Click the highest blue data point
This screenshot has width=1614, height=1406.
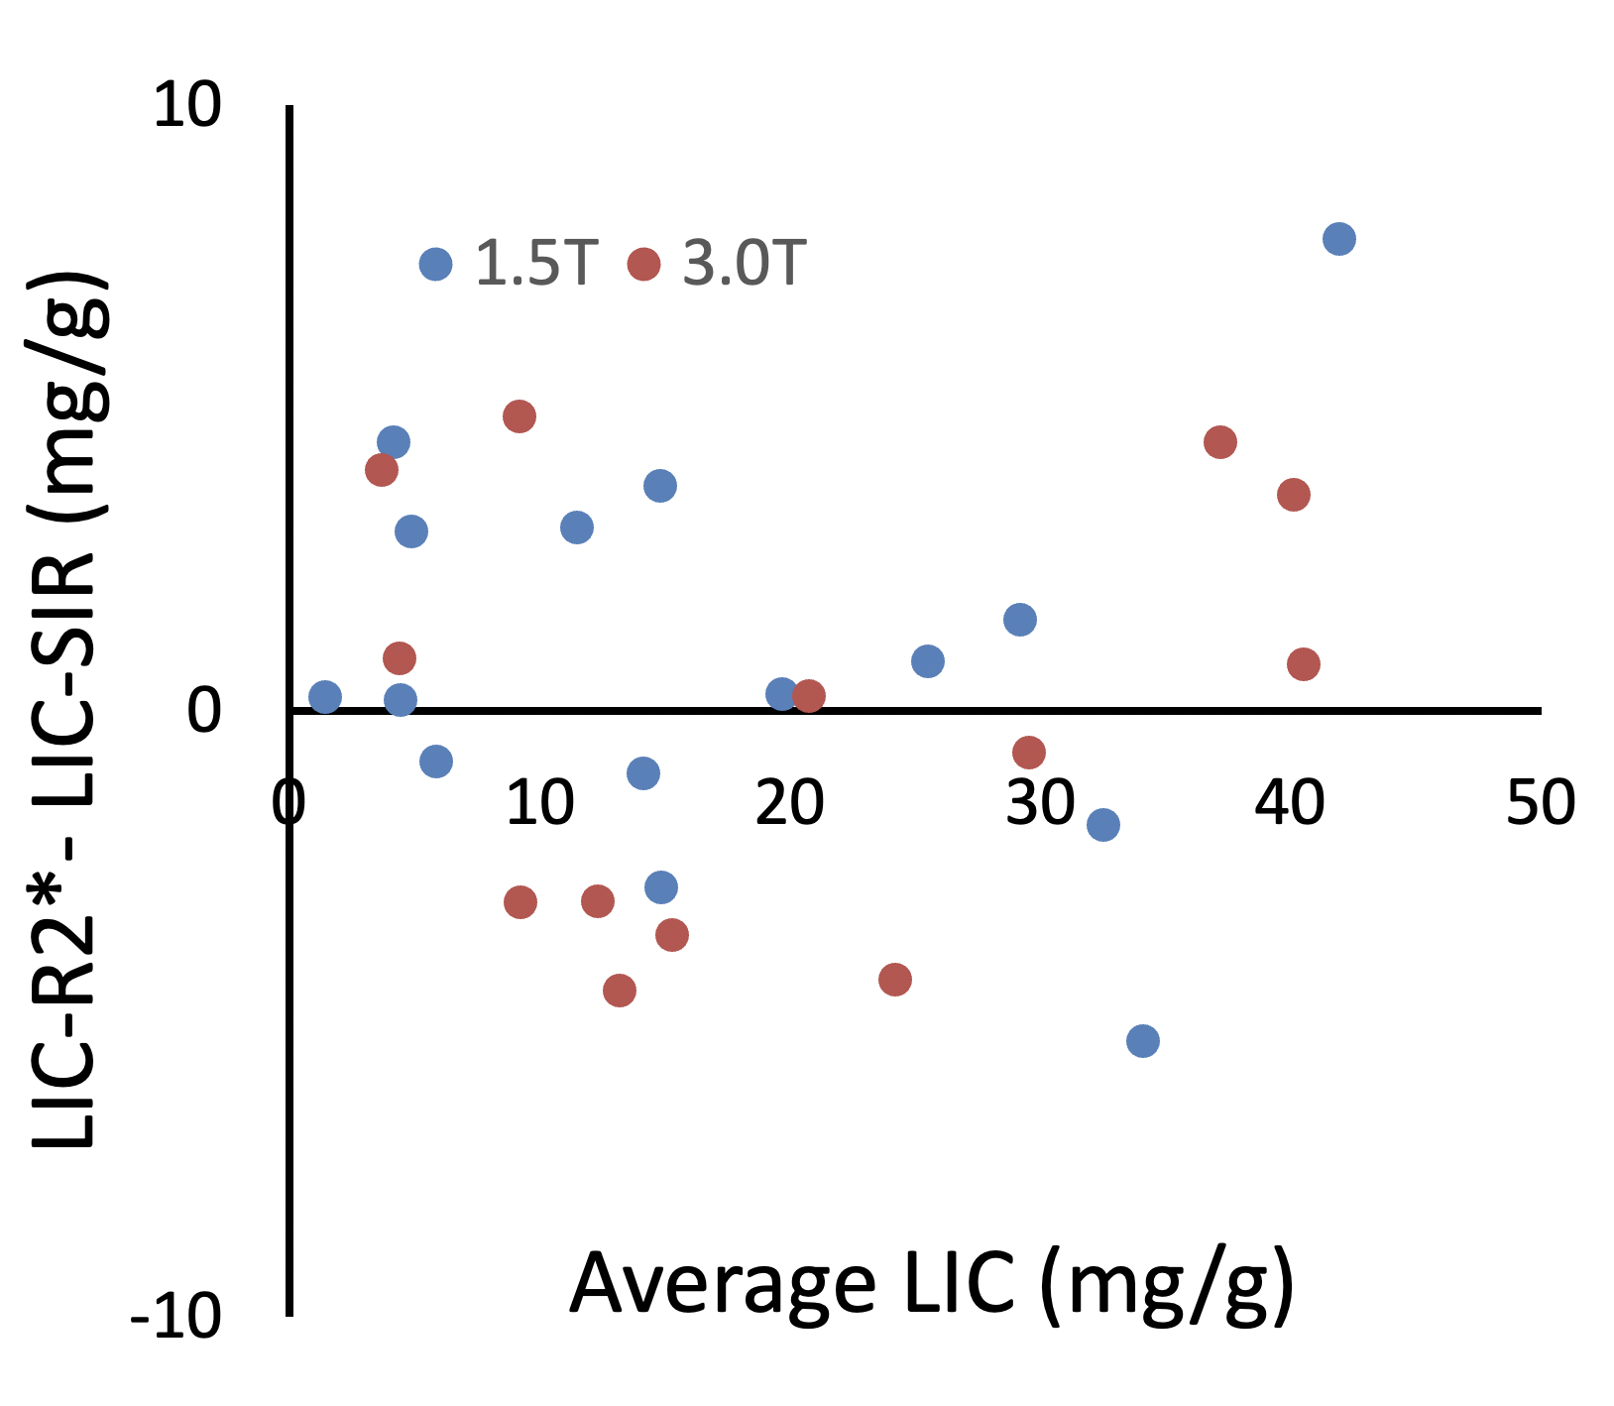(x=1338, y=239)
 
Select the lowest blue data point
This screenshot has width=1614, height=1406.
(x=1143, y=1041)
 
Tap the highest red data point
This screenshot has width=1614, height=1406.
(x=519, y=416)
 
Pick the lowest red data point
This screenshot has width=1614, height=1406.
(x=620, y=990)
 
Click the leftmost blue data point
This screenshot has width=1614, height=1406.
(x=325, y=697)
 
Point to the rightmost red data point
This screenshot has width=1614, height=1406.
(x=1304, y=664)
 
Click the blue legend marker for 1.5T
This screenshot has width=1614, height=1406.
(x=436, y=264)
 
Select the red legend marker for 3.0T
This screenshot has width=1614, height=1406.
(x=644, y=265)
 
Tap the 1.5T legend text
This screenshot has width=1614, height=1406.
(x=537, y=264)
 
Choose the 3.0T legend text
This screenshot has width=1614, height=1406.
(x=745, y=264)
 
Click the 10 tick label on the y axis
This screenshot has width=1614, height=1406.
(x=187, y=105)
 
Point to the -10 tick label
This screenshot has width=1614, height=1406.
(x=175, y=1317)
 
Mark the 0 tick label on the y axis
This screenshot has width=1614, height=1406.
(x=204, y=710)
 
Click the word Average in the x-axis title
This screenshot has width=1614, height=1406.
(x=723, y=1284)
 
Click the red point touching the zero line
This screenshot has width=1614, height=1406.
(x=809, y=697)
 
